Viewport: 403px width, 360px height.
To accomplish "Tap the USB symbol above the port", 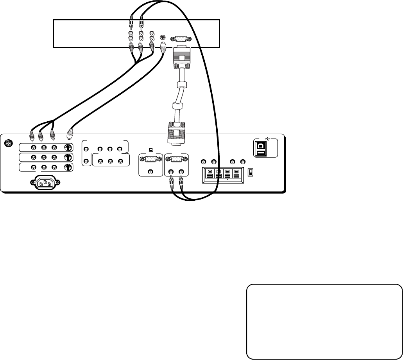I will tap(268, 139).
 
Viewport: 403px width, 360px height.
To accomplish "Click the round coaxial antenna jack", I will tap(8, 144).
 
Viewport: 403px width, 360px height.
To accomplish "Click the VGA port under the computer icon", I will tap(151, 160).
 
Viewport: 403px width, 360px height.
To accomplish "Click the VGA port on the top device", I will tap(180, 39).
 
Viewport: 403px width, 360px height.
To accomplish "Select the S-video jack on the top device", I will tap(163, 38).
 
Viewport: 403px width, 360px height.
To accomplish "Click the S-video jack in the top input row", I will tap(68, 148).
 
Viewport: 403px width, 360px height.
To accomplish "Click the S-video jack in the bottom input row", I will tap(68, 167).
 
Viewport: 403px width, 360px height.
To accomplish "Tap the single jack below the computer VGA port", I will tap(151, 171).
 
